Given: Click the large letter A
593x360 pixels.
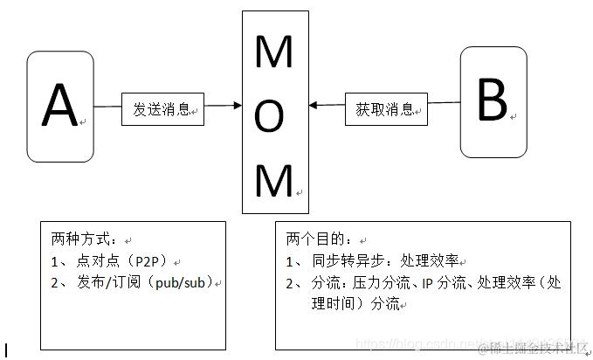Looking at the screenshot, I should coord(60,107).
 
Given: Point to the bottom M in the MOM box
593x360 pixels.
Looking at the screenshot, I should coord(274,182).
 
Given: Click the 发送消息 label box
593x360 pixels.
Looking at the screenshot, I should coord(162,109).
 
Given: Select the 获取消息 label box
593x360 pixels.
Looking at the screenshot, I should coord(385,109).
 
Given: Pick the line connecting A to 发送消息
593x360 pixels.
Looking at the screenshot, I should coord(107,107).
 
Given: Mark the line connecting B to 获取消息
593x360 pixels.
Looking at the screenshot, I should coord(444,103).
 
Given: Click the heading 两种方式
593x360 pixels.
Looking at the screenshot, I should coord(84,239).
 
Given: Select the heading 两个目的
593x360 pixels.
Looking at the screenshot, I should coord(319,239).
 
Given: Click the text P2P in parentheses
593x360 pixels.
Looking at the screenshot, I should coord(154,260).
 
